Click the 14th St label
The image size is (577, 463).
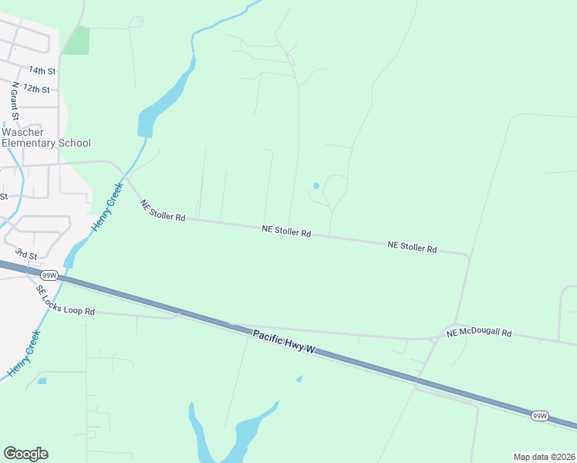42,71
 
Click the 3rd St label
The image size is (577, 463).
27,254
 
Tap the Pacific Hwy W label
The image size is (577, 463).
285,340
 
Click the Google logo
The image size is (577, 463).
25,453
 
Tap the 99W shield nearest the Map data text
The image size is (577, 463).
540,416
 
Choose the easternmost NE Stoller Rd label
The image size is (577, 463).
412,247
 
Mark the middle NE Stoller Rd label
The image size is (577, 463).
285,230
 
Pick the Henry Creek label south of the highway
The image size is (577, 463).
24,353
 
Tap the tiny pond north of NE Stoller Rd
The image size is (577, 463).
316,185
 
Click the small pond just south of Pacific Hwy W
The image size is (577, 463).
299,378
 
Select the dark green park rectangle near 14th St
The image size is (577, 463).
76,40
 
